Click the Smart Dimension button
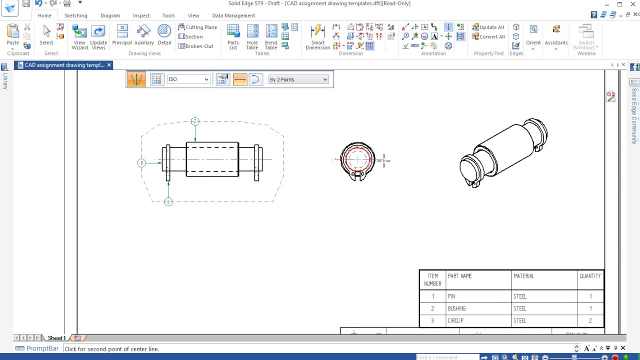point(317,37)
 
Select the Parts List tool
point(233,37)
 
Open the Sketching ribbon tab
point(75,15)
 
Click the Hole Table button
point(252,37)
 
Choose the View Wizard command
point(79,37)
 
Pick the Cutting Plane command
point(197,27)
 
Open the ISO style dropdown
point(188,79)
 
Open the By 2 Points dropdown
point(298,79)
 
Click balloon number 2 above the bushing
point(195,121)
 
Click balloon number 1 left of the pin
point(141,163)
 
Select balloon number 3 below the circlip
point(168,202)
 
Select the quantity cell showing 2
point(590,320)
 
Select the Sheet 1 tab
point(56,338)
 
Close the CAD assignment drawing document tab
point(109,65)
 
